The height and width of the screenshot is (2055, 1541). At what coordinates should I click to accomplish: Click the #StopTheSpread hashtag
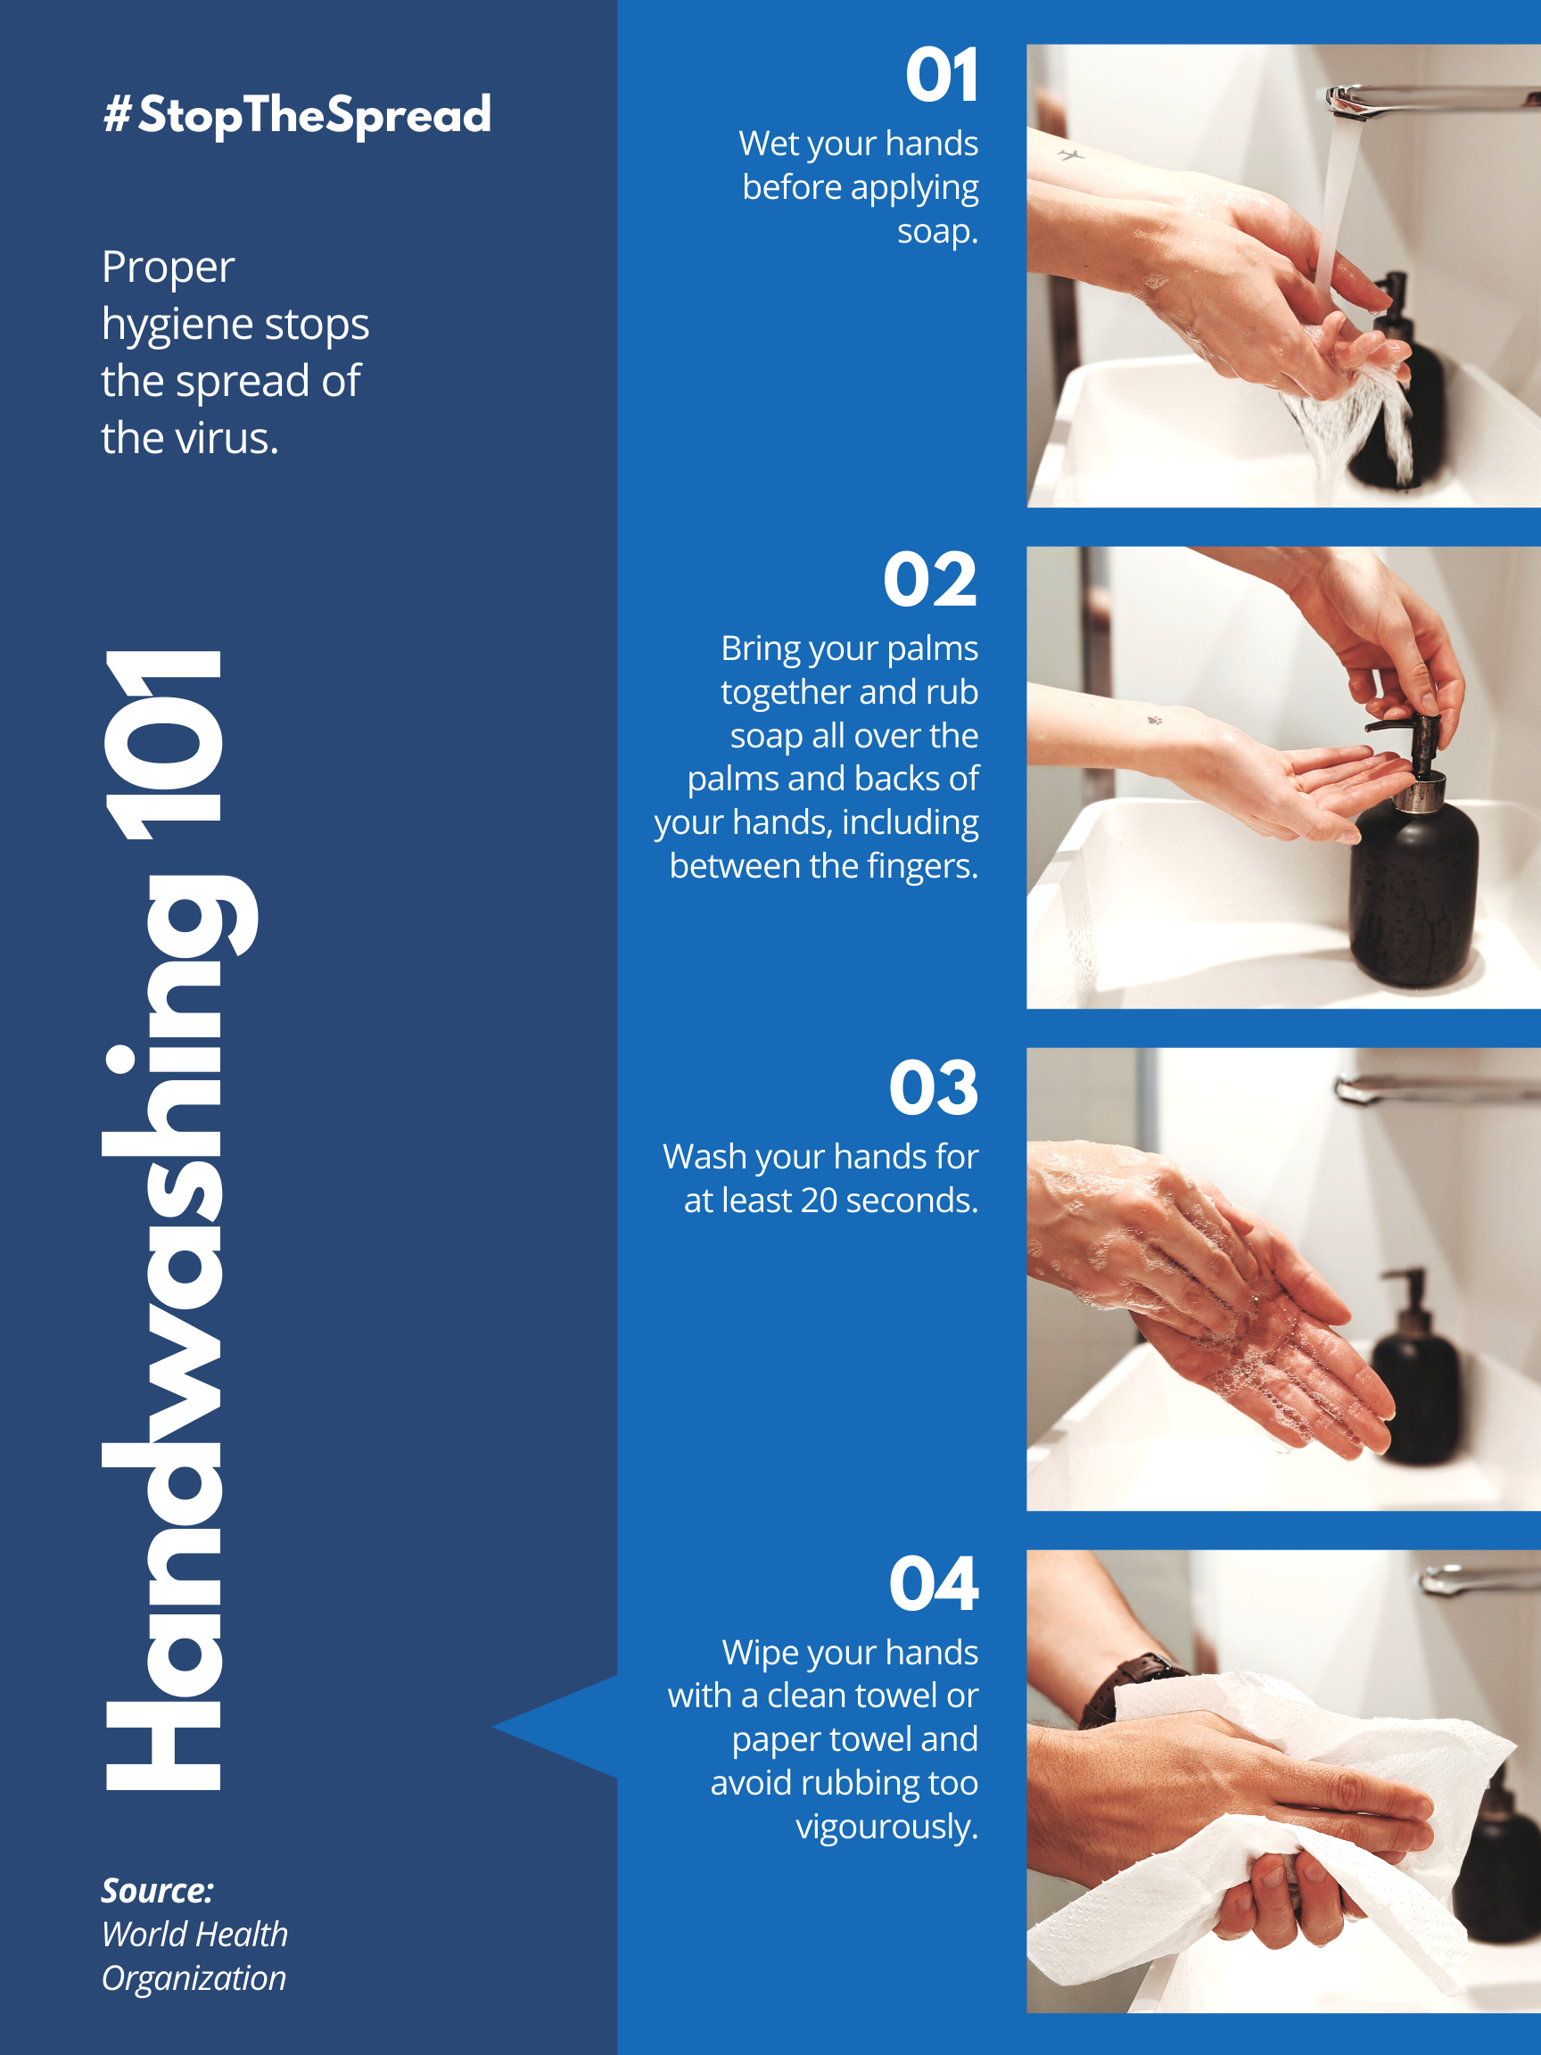point(296,114)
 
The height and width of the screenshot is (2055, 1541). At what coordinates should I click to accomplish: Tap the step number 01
point(942,75)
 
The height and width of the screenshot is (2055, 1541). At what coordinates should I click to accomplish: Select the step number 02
point(930,579)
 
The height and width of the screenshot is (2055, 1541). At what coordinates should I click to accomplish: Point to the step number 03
point(934,1087)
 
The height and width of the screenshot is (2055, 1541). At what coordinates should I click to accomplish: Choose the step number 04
point(934,1584)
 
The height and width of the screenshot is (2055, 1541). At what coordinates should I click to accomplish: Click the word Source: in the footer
point(158,1890)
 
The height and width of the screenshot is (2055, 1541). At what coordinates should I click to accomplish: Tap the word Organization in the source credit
point(194,1979)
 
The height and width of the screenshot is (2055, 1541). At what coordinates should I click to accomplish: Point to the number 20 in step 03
point(820,1201)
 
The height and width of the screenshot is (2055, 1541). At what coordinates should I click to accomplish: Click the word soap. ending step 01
point(937,231)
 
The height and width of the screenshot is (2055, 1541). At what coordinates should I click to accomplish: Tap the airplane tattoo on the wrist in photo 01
point(1071,155)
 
